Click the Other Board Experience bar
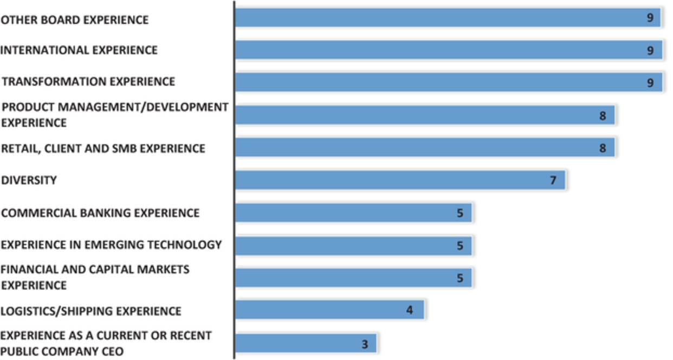click(448, 18)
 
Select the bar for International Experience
click(449, 50)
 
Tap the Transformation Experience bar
click(449, 82)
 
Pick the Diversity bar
click(400, 180)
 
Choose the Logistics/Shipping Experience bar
click(329, 310)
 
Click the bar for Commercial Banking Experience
click(353, 213)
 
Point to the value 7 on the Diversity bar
click(553, 181)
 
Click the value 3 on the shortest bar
click(365, 344)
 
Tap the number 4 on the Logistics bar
click(410, 310)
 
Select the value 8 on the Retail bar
click(603, 148)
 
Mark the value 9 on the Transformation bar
click(650, 82)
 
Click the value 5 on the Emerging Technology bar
click(460, 246)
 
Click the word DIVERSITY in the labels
click(29, 181)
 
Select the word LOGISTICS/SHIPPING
click(57, 311)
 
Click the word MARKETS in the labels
click(163, 269)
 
